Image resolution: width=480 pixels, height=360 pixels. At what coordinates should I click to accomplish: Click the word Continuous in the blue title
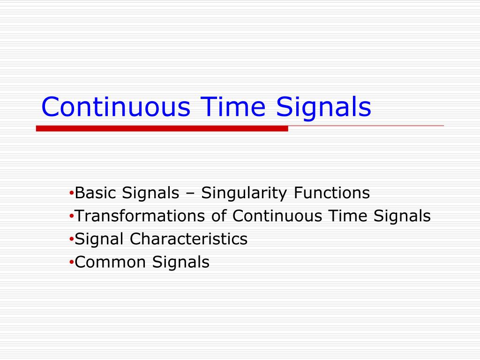(115, 107)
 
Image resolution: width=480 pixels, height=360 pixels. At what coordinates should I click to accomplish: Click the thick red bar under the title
(162, 128)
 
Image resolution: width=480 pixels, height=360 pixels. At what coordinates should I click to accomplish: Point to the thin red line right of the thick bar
(366, 126)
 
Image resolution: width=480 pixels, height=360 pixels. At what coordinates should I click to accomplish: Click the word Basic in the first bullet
(96, 193)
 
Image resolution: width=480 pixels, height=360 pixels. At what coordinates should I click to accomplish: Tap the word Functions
(332, 193)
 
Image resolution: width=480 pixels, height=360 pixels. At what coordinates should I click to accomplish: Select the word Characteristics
(188, 239)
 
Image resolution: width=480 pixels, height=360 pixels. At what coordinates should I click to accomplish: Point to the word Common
(110, 262)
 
